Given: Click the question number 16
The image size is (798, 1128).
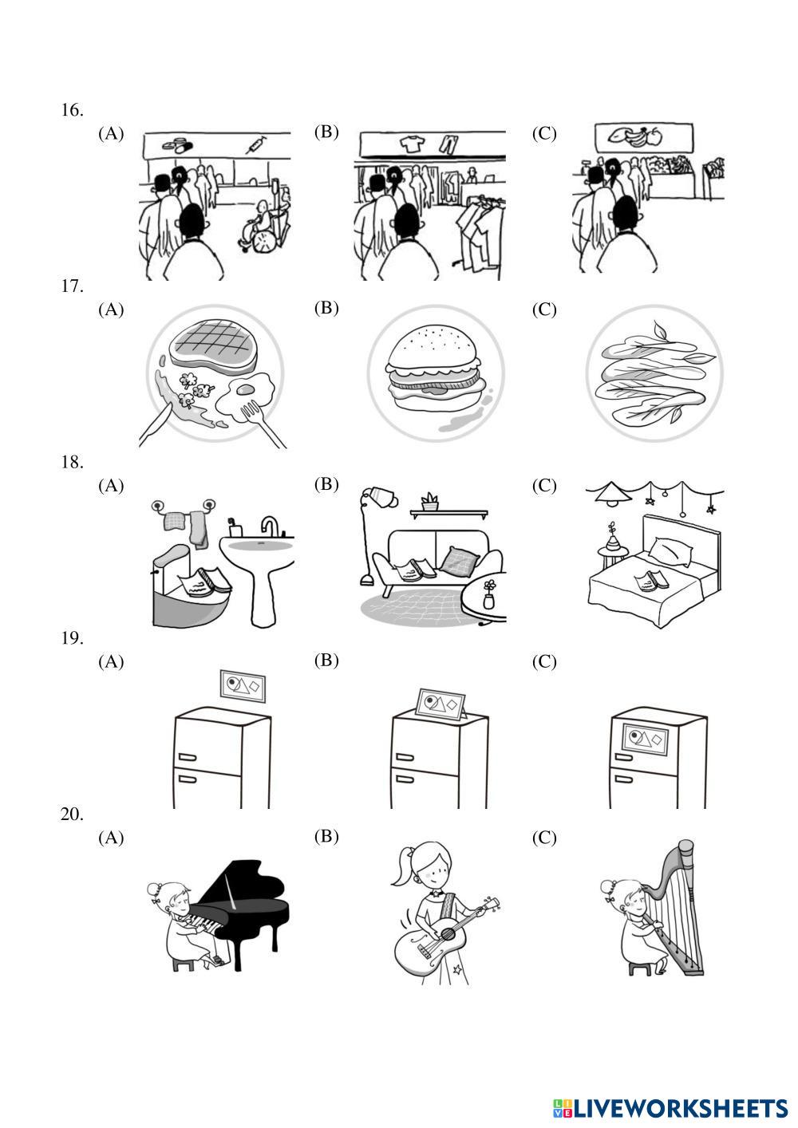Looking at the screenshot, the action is click(x=72, y=110).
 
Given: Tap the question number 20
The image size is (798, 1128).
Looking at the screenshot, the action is click(x=72, y=814).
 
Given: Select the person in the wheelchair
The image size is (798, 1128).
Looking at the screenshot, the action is click(x=259, y=223).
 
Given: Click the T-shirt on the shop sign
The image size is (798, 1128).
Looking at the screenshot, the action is click(x=411, y=144).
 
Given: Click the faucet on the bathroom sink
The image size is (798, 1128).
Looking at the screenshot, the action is click(x=270, y=527).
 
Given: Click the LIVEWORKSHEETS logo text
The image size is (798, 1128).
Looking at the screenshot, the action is click(x=678, y=1108).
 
